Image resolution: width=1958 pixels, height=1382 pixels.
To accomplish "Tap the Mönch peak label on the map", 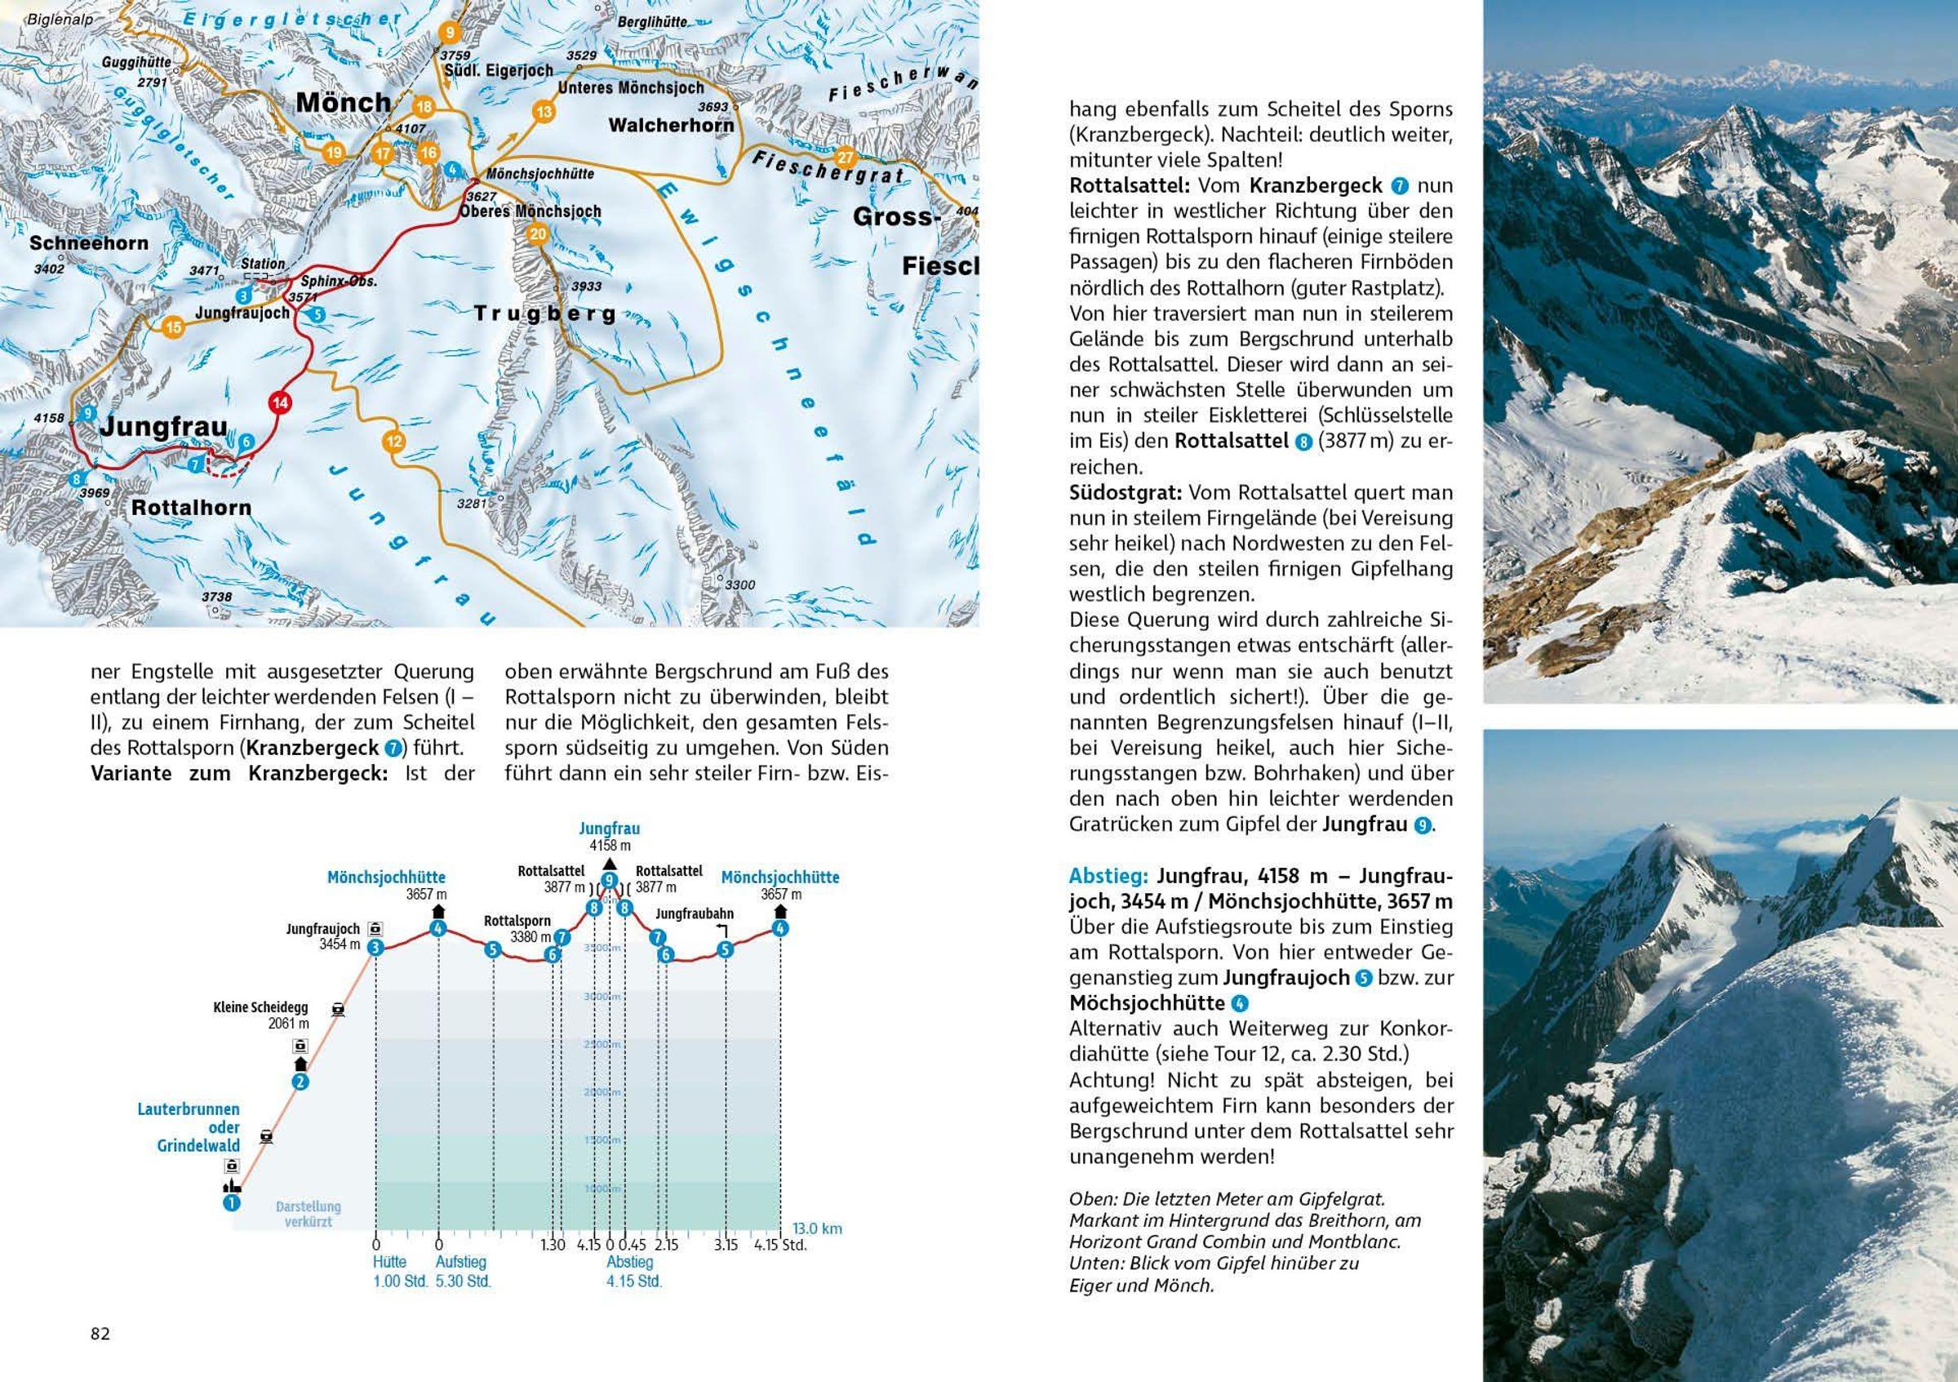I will [343, 103].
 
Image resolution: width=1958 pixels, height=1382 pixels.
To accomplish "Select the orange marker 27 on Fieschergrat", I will [844, 157].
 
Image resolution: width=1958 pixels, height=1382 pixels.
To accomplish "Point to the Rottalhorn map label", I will [191, 509].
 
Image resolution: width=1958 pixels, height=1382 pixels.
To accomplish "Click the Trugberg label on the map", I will [544, 314].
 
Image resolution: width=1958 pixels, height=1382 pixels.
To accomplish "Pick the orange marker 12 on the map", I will [393, 441].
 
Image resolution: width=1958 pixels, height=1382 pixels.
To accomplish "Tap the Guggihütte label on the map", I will [136, 62].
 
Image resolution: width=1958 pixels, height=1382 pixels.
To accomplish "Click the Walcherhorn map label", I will [670, 126].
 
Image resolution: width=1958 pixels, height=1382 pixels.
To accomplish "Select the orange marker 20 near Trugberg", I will [537, 234].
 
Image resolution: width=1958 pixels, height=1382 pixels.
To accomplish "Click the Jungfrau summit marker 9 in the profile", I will [609, 881].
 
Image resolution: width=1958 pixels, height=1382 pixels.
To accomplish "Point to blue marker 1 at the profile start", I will [231, 1203].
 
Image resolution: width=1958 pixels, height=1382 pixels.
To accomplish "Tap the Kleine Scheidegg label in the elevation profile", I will [260, 1007].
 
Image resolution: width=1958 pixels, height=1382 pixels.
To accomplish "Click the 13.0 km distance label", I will [817, 1229].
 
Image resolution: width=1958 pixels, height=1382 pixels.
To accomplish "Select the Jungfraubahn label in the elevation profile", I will [695, 913].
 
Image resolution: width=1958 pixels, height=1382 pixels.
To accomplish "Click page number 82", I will [100, 1333].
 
